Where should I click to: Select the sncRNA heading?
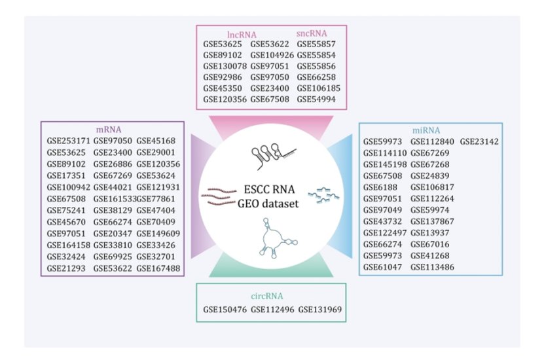point(312,33)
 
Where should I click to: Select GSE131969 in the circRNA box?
point(320,309)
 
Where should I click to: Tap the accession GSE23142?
point(479,141)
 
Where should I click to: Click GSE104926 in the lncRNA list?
point(272,55)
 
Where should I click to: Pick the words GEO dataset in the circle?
point(270,204)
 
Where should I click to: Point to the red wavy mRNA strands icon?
point(219,196)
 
